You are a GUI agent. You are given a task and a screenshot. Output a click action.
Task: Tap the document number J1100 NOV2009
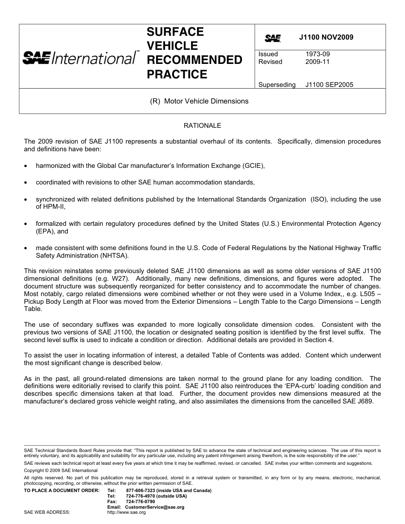pos(326,37)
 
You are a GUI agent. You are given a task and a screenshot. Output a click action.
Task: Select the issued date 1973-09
pos(317,54)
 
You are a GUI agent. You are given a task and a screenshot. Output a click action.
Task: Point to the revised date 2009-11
pos(317,62)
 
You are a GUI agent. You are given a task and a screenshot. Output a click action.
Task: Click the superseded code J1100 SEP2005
pos(329,85)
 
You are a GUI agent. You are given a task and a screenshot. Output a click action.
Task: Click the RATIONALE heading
pos(202,126)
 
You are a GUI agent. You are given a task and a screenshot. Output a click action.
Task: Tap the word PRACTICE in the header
pos(177,75)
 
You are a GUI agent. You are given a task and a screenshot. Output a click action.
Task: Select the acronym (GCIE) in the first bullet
pos(254,166)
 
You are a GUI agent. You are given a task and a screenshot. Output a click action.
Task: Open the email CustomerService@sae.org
pos(155,507)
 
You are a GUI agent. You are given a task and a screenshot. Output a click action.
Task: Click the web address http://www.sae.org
pos(127,512)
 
